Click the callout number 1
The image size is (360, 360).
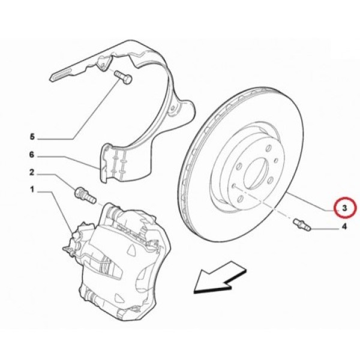pos(32,190)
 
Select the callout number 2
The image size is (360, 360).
pos(32,172)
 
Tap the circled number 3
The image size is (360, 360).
pos(344,208)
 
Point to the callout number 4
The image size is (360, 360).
pos(344,227)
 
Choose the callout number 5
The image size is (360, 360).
pos(32,137)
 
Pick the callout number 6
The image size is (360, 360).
pos(32,155)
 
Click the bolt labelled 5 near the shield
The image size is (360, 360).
pos(123,77)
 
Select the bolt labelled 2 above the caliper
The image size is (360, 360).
pos(85,195)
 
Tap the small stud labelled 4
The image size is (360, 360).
pos(302,225)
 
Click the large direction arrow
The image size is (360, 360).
pos(220,278)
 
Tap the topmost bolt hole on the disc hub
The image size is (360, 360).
pos(269,148)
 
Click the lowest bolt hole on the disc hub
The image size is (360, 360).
pos(240,199)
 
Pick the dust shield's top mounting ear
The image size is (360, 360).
pos(104,62)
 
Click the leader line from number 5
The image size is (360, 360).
pos(79,110)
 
